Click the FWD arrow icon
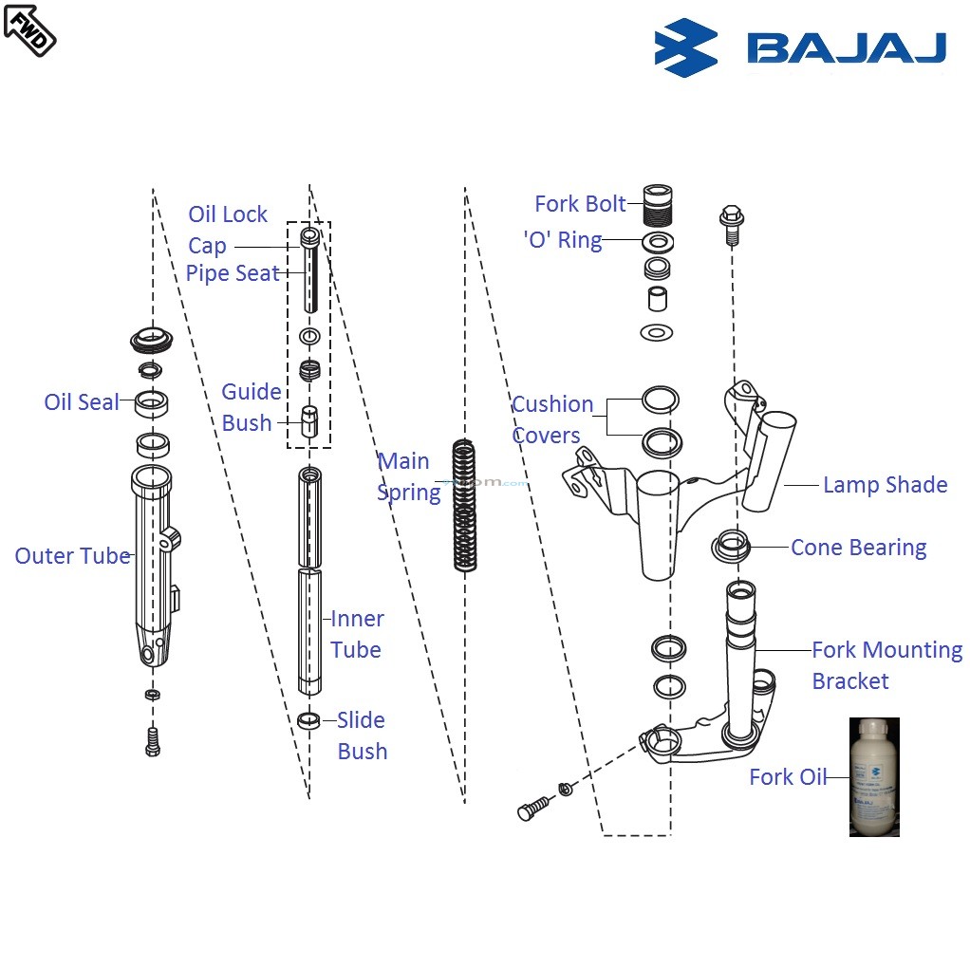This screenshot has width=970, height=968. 29,28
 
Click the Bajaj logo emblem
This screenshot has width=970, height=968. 686,47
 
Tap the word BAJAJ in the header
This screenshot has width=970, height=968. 846,48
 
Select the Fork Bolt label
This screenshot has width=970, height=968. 580,204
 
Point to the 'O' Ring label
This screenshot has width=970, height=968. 563,240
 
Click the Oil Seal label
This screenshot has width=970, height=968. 82,402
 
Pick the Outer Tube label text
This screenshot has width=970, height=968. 72,556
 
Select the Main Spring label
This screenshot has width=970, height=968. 408,476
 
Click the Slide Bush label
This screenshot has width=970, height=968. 362,735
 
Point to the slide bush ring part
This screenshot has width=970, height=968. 309,720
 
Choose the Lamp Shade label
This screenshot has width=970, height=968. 885,485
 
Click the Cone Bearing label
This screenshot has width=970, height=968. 858,548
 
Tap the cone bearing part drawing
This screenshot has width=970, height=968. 732,546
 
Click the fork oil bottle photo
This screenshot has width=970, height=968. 874,776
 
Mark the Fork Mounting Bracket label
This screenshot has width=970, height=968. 886,665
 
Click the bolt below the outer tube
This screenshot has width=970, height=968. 152,740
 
